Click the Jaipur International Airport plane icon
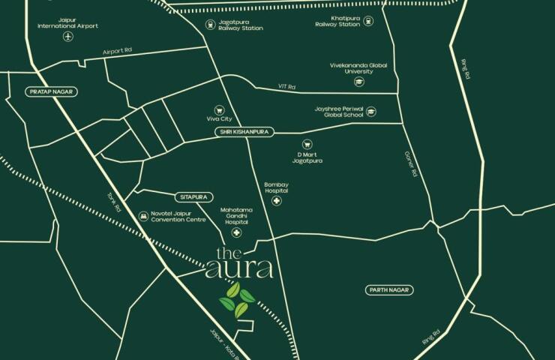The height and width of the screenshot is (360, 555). [x=67, y=37]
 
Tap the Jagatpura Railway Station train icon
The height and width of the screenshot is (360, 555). [x=211, y=25]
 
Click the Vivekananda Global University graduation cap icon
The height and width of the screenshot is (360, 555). [x=358, y=81]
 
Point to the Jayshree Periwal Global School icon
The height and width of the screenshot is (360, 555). [x=370, y=112]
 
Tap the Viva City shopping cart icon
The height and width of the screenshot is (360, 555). [x=219, y=109]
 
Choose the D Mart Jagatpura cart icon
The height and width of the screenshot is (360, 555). [x=305, y=144]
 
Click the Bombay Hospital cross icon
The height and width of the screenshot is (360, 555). [x=277, y=202]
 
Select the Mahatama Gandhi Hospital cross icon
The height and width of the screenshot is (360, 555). [x=236, y=232]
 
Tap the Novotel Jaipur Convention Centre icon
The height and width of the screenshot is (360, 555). [x=142, y=216]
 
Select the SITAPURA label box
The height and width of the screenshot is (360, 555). [x=193, y=196]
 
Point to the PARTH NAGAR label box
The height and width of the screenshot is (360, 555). [x=388, y=289]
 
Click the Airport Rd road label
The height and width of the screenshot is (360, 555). [x=117, y=52]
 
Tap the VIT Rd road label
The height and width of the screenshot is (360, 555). [x=286, y=87]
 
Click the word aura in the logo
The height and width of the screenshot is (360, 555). [x=239, y=268]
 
